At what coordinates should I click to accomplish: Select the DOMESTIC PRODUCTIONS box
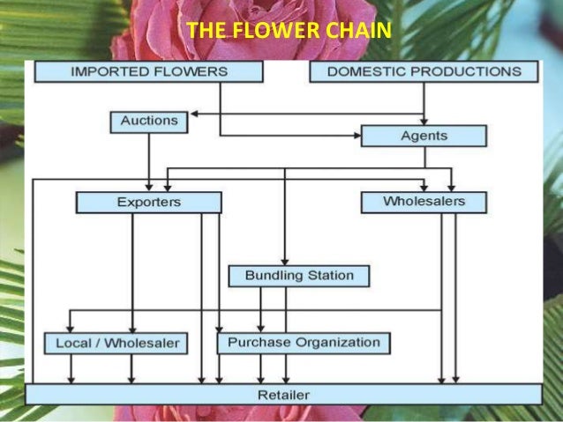point(424,70)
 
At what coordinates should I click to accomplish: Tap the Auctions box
point(148,121)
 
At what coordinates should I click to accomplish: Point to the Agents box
point(424,136)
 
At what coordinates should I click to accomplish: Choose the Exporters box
point(148,203)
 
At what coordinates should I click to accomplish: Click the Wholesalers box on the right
point(424,202)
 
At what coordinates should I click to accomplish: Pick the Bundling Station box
point(298,276)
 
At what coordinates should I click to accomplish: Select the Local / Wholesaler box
point(116,343)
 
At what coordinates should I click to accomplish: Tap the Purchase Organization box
point(304,342)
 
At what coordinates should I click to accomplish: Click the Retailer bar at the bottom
point(283,394)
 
